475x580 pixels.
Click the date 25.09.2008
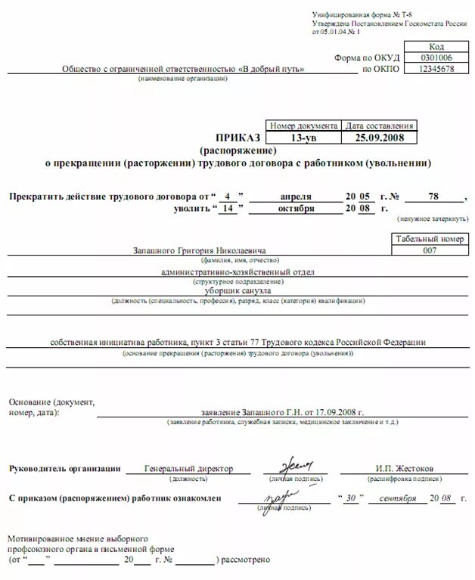379,138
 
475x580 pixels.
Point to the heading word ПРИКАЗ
237,138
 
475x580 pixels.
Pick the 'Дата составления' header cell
379,126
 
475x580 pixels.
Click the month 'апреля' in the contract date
294,196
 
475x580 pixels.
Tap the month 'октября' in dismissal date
295,208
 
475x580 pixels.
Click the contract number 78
433,196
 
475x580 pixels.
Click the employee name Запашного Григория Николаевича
200,250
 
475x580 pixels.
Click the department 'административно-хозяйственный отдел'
237,271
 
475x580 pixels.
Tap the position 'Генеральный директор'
188,468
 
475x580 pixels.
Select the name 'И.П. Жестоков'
405,468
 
